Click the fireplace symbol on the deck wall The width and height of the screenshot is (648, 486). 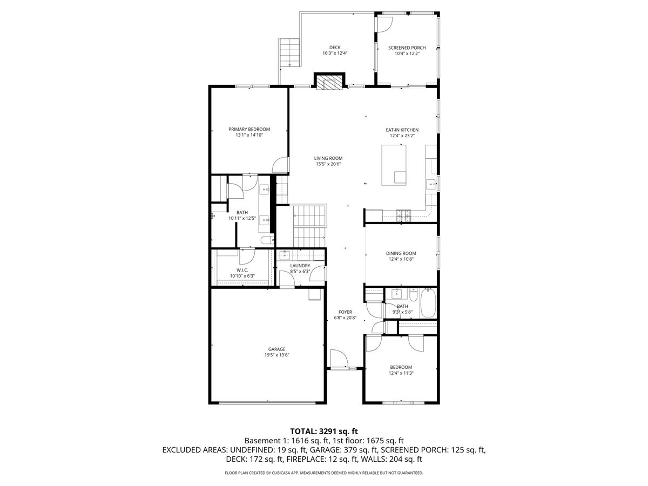coord(328,83)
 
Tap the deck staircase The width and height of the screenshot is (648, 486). coord(290,52)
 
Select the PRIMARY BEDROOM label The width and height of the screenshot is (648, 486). coord(249,129)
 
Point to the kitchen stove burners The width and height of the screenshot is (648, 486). coord(403,215)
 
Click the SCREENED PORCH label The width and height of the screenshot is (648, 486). coord(407,48)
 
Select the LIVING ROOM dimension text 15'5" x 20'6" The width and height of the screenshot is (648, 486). coord(328,164)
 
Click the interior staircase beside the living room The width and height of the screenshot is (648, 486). coord(309,225)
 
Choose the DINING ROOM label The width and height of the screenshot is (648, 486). coord(401,253)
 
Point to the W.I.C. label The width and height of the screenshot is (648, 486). coord(242,270)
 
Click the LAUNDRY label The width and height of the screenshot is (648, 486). coord(300,266)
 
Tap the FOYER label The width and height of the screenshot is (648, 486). coord(345,312)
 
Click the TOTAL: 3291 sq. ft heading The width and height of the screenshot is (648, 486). coord(324,431)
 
